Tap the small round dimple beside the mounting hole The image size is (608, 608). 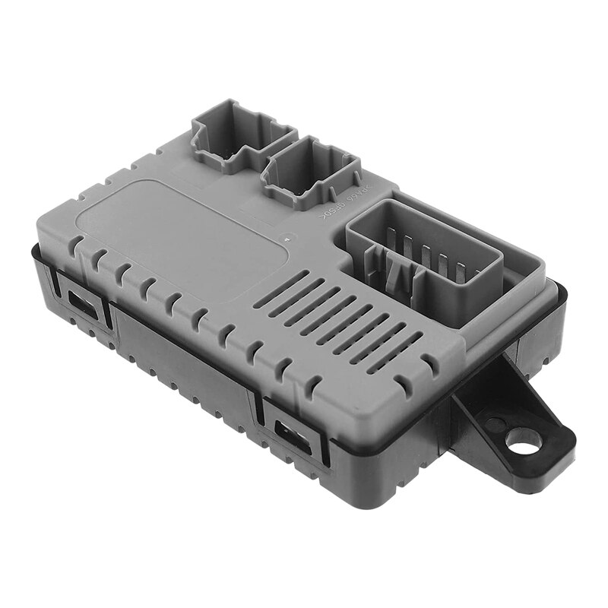point(494,423)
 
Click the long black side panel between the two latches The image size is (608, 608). point(182,372)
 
